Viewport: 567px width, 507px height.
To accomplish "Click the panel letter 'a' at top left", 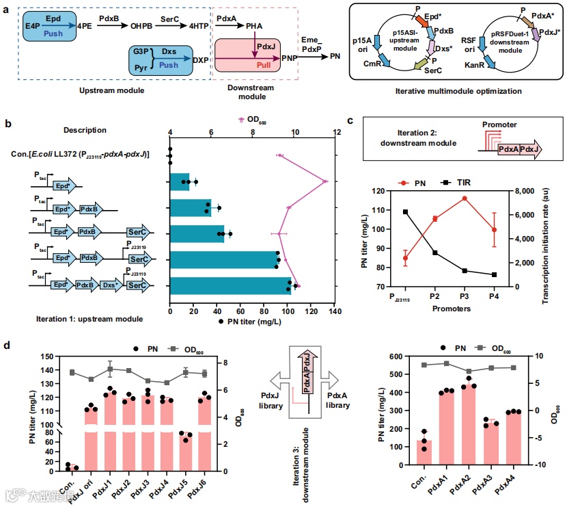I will point(8,8).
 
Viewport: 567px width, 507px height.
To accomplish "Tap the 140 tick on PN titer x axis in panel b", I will point(335,311).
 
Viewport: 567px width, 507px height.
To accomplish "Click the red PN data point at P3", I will point(464,198).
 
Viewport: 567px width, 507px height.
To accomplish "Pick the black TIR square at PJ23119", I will point(406,212).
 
